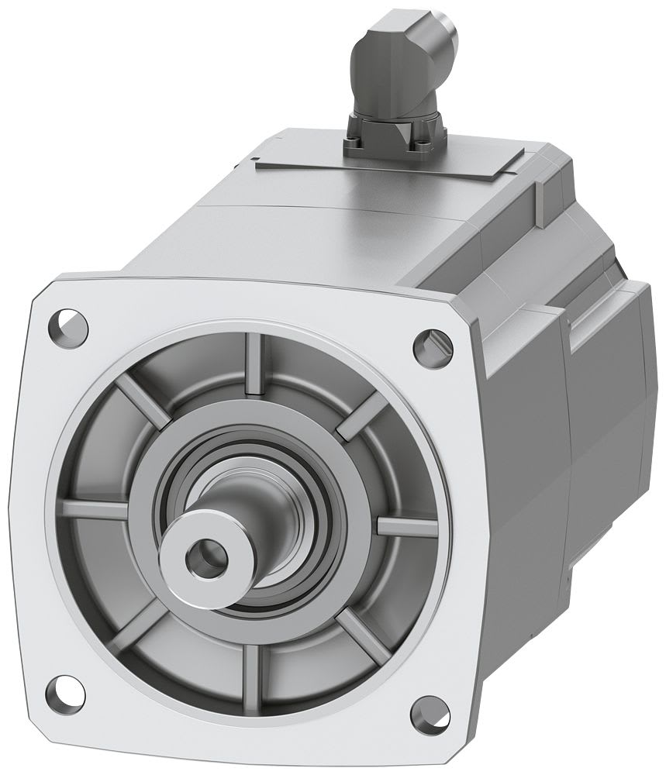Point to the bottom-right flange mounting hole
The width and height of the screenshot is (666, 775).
pyautogui.click(x=425, y=712)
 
